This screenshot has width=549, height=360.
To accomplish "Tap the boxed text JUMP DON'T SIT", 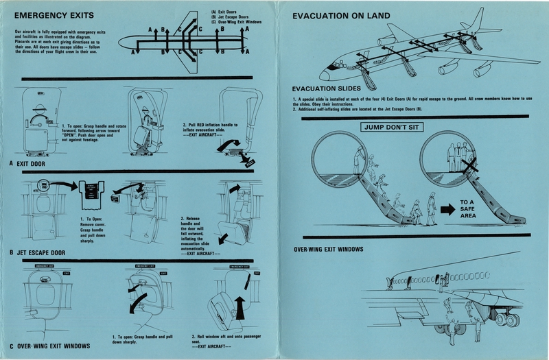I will click(x=390, y=127).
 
